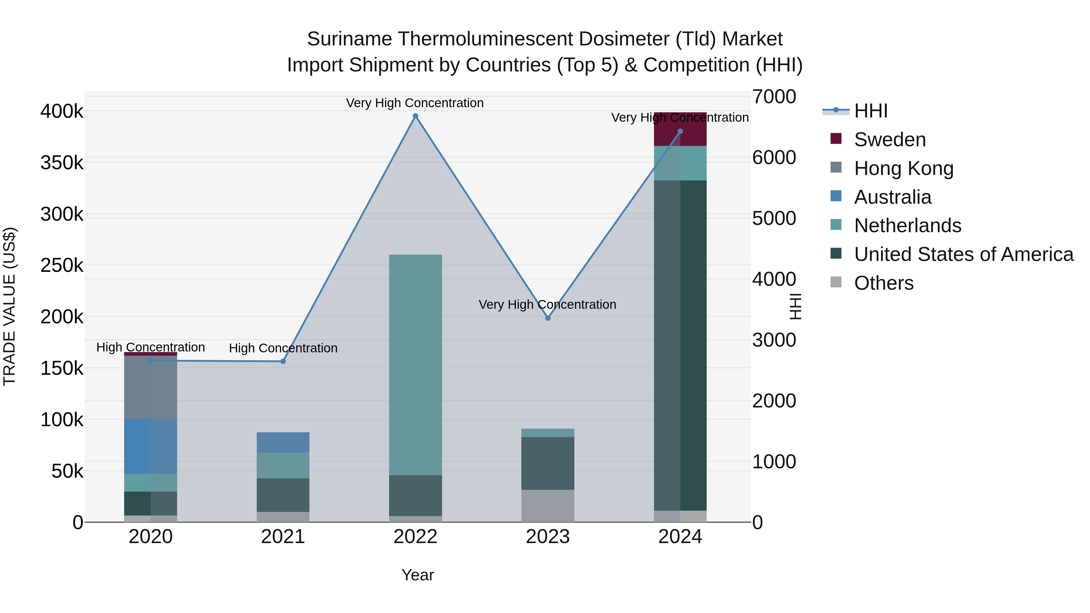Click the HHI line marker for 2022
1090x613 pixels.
click(415, 116)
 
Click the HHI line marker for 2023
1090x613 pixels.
click(547, 318)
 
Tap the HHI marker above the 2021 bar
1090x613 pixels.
click(283, 361)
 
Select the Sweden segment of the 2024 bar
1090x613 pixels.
click(680, 129)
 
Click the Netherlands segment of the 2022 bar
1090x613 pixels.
click(415, 364)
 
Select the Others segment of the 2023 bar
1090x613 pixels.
click(547, 506)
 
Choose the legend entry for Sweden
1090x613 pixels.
click(890, 140)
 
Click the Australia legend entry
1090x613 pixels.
click(892, 197)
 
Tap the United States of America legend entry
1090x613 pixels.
click(963, 254)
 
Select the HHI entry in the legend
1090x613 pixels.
click(870, 111)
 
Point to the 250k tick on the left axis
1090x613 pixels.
click(62, 266)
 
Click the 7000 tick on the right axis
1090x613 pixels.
click(774, 97)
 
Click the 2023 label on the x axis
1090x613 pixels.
click(547, 537)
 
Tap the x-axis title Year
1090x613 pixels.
click(417, 575)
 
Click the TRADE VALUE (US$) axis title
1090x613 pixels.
click(9, 306)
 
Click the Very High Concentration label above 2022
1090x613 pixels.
click(415, 103)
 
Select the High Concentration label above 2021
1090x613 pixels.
click(283, 348)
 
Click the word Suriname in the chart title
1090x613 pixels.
click(349, 39)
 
